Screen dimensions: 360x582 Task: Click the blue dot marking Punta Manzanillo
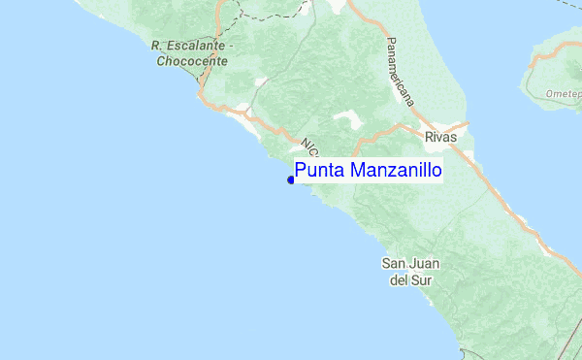[x=291, y=180]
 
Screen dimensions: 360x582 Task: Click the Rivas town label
[x=440, y=138]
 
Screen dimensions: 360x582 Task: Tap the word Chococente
[x=192, y=60]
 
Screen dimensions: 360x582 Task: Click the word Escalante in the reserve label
[x=195, y=46]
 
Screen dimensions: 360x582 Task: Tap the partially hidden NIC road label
[x=309, y=147]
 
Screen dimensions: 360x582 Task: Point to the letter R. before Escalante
[x=156, y=46]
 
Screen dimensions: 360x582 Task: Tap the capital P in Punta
[x=301, y=171]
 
